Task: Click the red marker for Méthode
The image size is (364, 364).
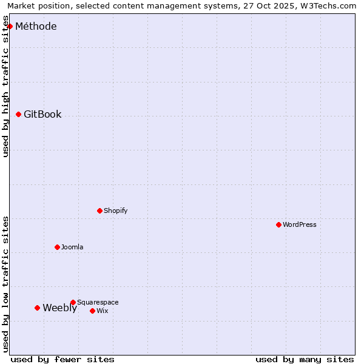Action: [10, 26]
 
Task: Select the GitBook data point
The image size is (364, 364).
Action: [18, 114]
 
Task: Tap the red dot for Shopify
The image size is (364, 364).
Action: [99, 211]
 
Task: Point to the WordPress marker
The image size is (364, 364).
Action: [278, 224]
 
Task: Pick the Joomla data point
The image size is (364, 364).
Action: [57, 247]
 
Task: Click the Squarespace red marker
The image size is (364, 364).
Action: [73, 302]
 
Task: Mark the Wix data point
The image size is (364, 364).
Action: [92, 311]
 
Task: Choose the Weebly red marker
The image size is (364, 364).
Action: [37, 308]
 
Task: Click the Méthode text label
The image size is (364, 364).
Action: [36, 26]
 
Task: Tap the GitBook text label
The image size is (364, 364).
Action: [42, 114]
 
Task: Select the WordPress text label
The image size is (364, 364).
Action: [300, 224]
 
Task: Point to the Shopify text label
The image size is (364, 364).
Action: [115, 211]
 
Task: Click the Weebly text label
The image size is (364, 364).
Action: [59, 308]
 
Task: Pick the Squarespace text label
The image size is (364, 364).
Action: [98, 302]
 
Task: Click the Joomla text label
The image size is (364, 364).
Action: [72, 247]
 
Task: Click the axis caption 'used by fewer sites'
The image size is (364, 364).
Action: [62, 359]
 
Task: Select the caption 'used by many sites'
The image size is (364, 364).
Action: [305, 359]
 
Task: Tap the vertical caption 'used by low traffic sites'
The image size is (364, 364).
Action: [6, 284]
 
